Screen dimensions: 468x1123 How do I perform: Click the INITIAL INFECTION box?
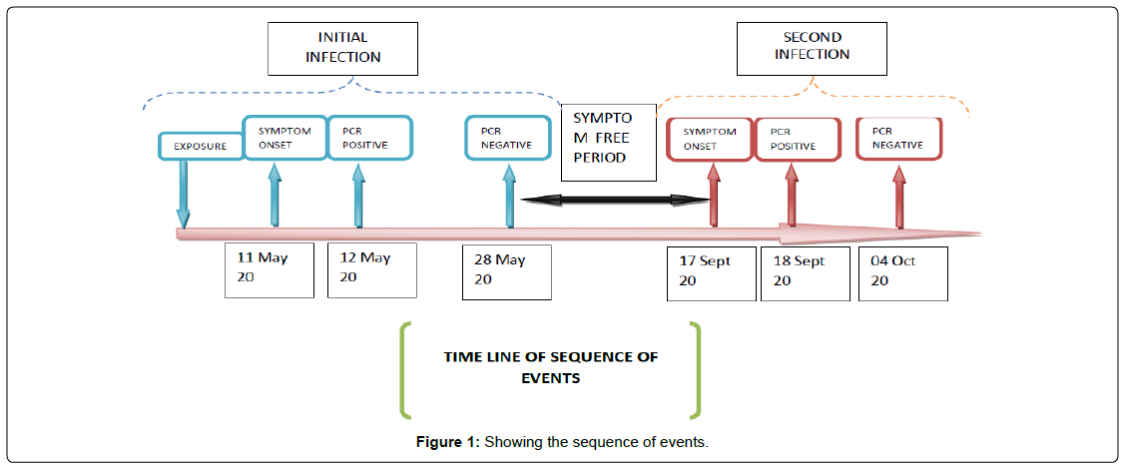[x=342, y=48]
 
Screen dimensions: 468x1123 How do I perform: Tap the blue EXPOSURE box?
[x=201, y=146]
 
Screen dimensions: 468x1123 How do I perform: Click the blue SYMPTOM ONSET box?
[x=284, y=138]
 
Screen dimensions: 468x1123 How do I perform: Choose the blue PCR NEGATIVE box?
[x=507, y=138]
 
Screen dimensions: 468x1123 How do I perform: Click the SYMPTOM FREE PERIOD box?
[x=609, y=141]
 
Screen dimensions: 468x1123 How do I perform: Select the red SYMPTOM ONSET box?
[x=710, y=138]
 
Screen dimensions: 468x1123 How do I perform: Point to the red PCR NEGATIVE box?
[x=897, y=137]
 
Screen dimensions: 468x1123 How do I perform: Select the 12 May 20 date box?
[x=372, y=269]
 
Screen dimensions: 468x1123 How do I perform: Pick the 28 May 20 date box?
[x=506, y=270]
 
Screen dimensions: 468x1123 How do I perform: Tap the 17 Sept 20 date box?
[x=711, y=272]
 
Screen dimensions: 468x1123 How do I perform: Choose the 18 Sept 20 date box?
[x=805, y=272]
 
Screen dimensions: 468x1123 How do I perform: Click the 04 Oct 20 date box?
[x=902, y=272]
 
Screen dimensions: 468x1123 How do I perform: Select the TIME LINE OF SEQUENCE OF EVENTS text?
[x=551, y=367]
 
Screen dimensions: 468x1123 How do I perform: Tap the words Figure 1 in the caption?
[x=446, y=442]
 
